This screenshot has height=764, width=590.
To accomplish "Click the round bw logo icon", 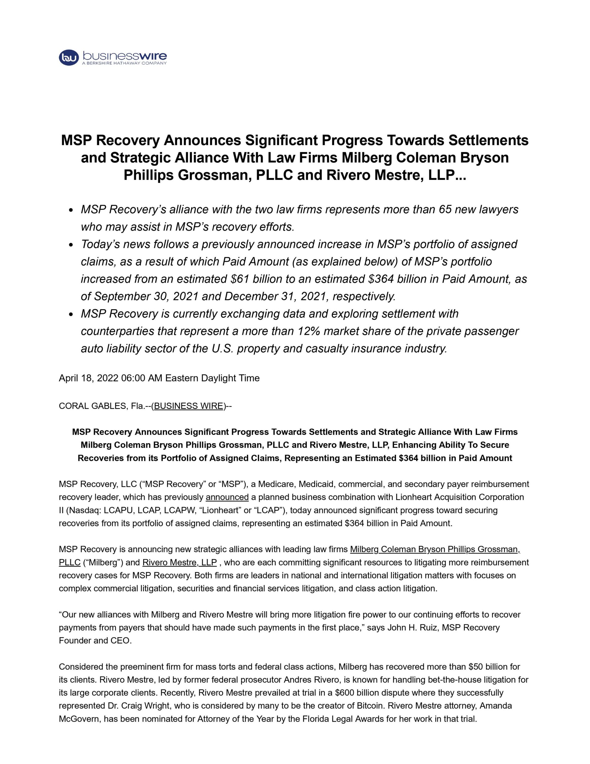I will [x=69, y=58].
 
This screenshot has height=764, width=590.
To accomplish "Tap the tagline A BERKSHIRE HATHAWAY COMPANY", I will [x=124, y=63].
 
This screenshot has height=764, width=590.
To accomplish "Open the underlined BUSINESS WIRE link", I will [x=189, y=406].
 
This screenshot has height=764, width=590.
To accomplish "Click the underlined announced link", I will [x=227, y=497].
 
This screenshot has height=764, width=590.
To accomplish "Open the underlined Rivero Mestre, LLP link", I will [x=179, y=562].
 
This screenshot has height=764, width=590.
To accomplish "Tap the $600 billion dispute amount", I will [x=358, y=693].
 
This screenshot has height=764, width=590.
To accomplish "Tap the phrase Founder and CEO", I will [x=95, y=640].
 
